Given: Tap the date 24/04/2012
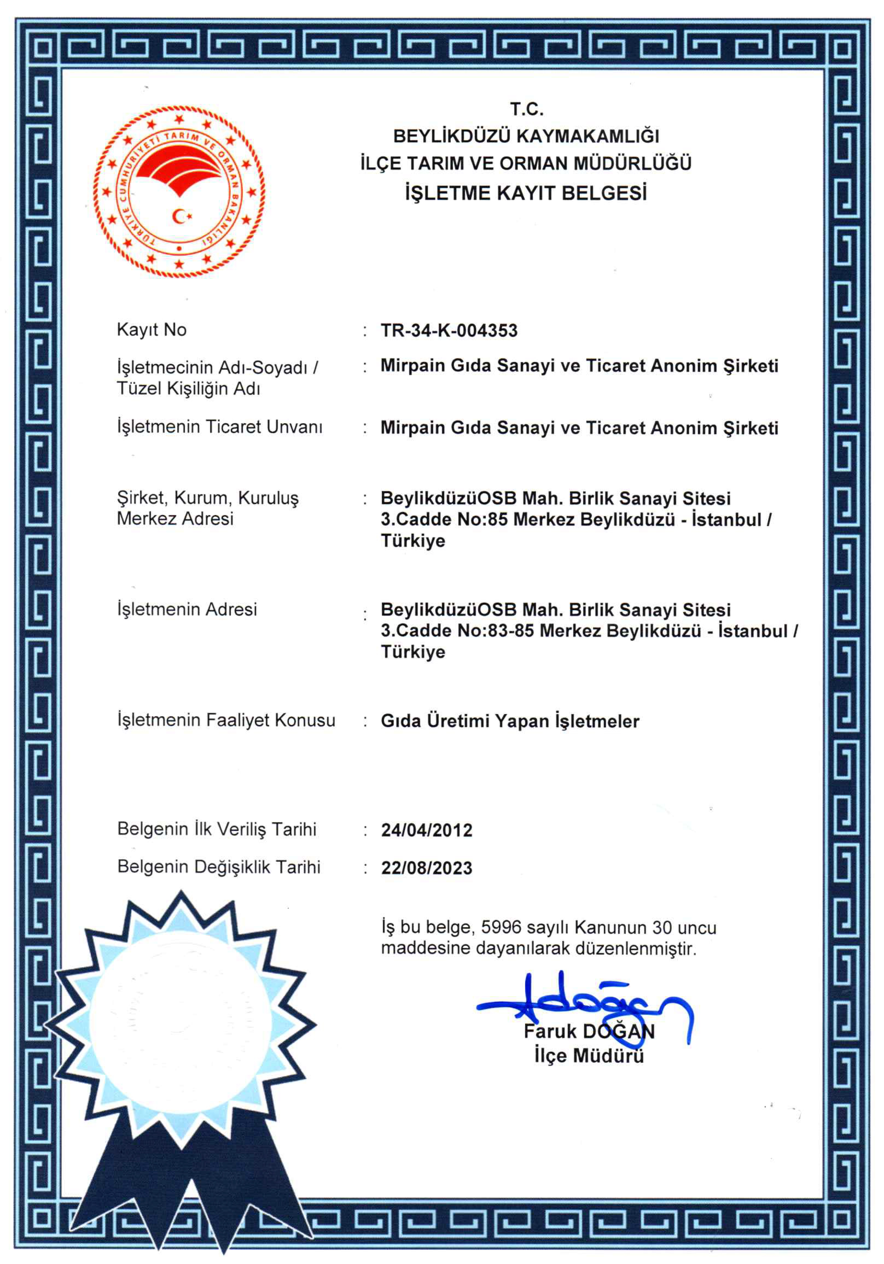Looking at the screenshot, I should click(426, 830).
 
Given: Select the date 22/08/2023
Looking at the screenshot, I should click(426, 868).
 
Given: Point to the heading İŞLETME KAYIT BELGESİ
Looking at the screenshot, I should click(526, 193).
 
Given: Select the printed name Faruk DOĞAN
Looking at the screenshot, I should click(589, 1031).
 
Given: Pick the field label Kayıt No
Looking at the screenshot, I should click(151, 330).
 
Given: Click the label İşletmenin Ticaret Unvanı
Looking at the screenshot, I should click(219, 427).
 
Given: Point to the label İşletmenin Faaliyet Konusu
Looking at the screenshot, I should click(226, 720).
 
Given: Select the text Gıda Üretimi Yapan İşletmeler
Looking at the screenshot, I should click(510, 721).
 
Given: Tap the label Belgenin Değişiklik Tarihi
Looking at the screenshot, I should click(219, 867).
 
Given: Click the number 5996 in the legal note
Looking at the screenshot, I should click(501, 928).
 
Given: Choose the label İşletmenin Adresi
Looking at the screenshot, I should click(187, 609).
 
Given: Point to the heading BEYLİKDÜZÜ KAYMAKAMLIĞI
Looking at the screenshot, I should click(526, 136).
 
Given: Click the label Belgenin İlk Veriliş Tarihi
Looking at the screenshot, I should click(217, 829).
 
